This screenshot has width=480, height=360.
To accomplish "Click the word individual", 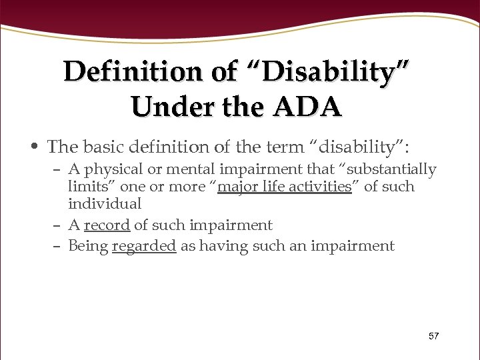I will (x=105, y=204).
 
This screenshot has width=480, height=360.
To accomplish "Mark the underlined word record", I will (x=107, y=225).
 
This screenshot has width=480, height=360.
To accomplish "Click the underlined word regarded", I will (x=144, y=246).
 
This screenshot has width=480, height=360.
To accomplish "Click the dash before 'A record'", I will (x=59, y=225).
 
